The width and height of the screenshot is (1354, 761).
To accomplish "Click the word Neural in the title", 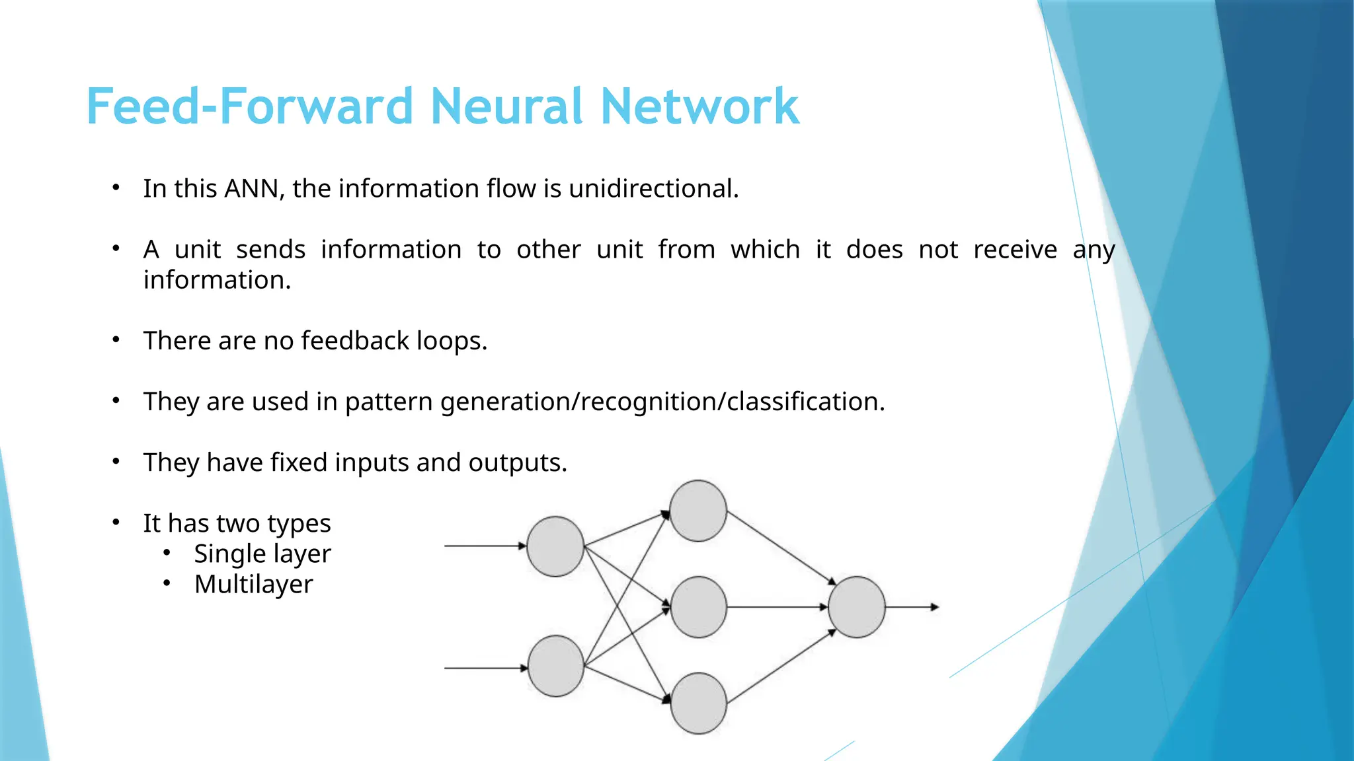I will pyautogui.click(x=506, y=106).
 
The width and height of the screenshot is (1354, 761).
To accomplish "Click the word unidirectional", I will pyautogui.click(x=653, y=189).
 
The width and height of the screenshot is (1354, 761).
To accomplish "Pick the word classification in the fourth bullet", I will pyautogui.click(x=805, y=402).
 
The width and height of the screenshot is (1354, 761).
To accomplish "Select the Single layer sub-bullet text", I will pyautogui.click(x=262, y=554).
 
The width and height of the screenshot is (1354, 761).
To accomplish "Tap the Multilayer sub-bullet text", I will pyautogui.click(x=253, y=585).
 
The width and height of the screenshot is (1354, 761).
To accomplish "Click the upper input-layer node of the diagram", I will pyautogui.click(x=555, y=546).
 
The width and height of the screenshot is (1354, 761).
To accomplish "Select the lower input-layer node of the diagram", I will pyautogui.click(x=555, y=666).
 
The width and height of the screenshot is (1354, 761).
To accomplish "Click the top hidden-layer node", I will pyautogui.click(x=698, y=511).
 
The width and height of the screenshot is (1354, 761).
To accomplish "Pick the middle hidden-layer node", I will pyautogui.click(x=698, y=606).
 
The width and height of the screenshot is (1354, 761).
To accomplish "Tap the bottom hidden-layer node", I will pyautogui.click(x=698, y=703).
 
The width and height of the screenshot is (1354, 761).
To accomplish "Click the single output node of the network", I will pyautogui.click(x=856, y=606).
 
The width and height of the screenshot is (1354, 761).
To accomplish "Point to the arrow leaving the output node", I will pyautogui.click(x=912, y=606).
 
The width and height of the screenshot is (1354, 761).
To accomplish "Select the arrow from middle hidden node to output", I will pyautogui.click(x=777, y=606).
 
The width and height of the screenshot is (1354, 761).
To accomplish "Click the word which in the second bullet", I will pyautogui.click(x=765, y=250).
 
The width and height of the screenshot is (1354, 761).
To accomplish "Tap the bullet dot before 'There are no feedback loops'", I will pyautogui.click(x=116, y=340).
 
